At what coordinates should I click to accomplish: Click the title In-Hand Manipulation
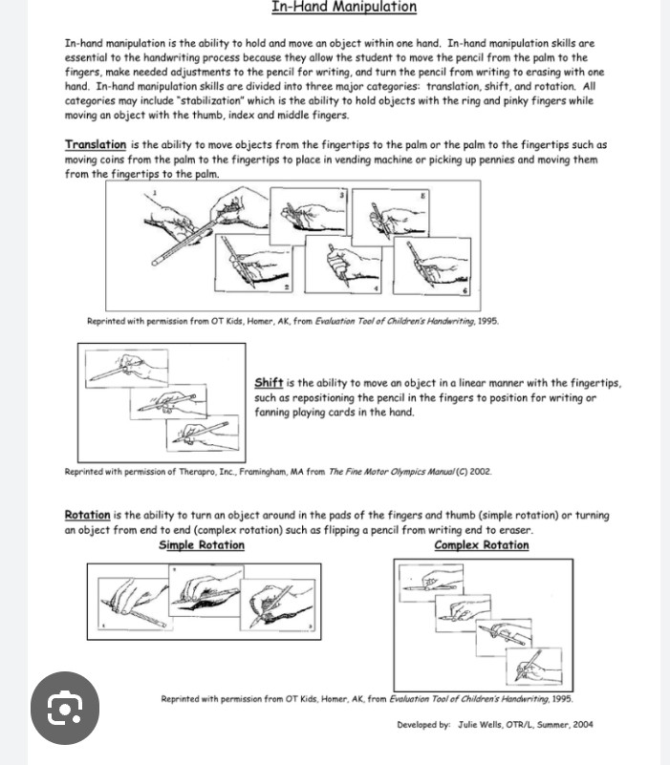[x=344, y=8]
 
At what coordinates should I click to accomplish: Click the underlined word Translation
[x=96, y=145]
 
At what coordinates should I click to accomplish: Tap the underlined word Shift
[x=269, y=383]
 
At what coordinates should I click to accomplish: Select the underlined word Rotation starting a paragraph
[x=87, y=516]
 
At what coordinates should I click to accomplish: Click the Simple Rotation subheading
[x=201, y=545]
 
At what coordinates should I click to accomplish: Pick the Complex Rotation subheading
[x=481, y=545]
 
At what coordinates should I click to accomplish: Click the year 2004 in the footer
[x=580, y=725]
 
